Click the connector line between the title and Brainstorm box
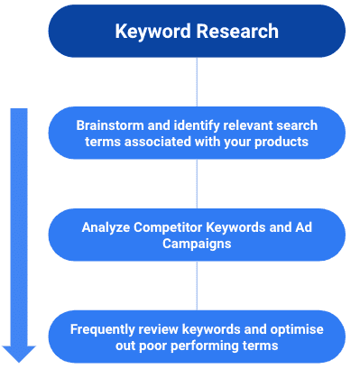point(197,81)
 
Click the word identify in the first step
point(200,125)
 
